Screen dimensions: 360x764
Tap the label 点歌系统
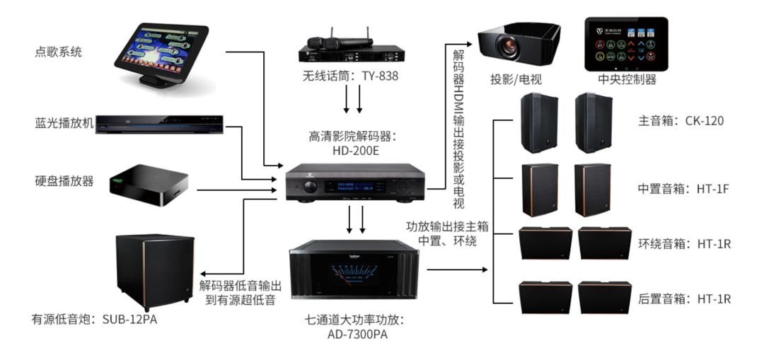tap(59, 52)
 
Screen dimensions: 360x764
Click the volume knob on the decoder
tap(310, 187)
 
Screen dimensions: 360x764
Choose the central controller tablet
tap(626, 43)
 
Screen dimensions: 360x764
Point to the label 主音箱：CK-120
tap(676, 121)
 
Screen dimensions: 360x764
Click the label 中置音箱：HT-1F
tap(679, 190)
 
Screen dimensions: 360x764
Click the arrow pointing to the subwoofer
tap(205, 274)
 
